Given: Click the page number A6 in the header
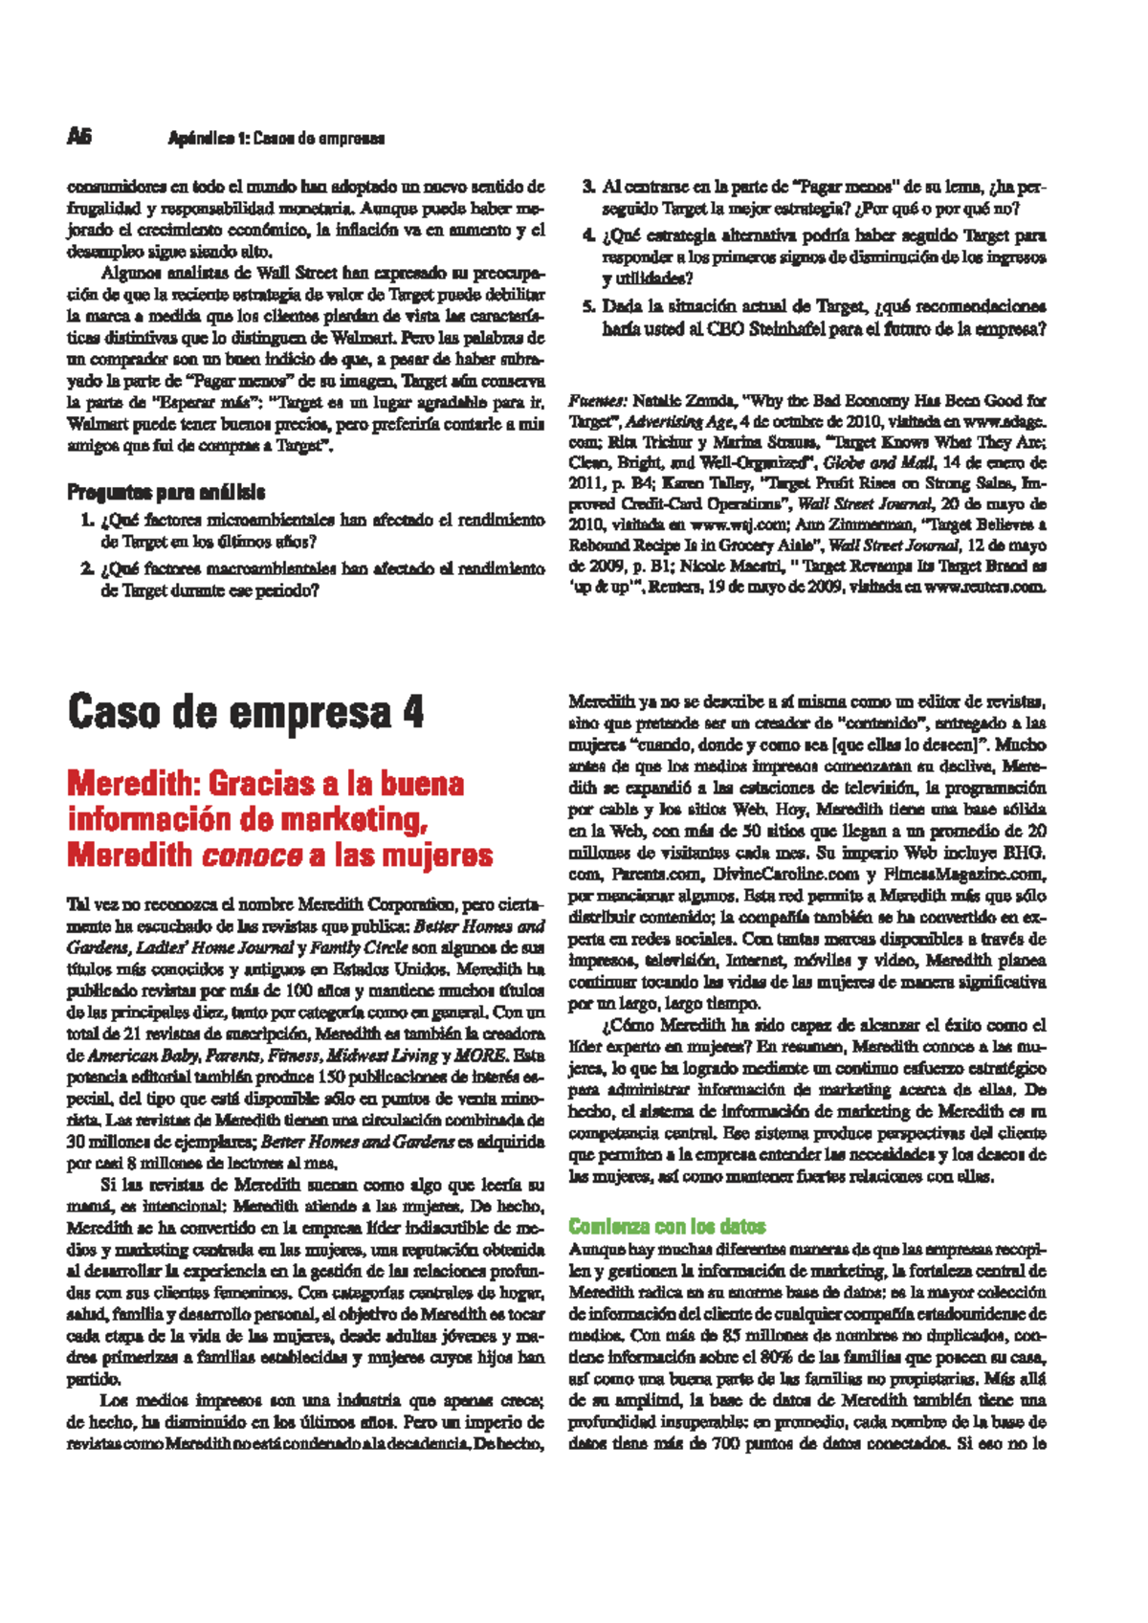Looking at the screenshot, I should click(78, 137).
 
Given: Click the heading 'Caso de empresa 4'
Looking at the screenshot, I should click(245, 713).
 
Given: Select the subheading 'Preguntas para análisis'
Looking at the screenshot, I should click(166, 492).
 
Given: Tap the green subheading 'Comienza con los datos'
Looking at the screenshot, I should click(667, 1226).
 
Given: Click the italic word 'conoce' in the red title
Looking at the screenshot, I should click(253, 855).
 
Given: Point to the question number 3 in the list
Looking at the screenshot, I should click(588, 187).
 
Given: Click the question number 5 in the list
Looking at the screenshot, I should click(588, 306).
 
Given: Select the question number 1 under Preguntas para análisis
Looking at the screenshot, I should click(87, 520).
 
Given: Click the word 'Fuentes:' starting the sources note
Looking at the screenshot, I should click(598, 400).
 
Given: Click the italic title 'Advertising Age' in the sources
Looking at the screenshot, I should click(680, 421).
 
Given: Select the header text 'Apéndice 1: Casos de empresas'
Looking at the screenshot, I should click(276, 138).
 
